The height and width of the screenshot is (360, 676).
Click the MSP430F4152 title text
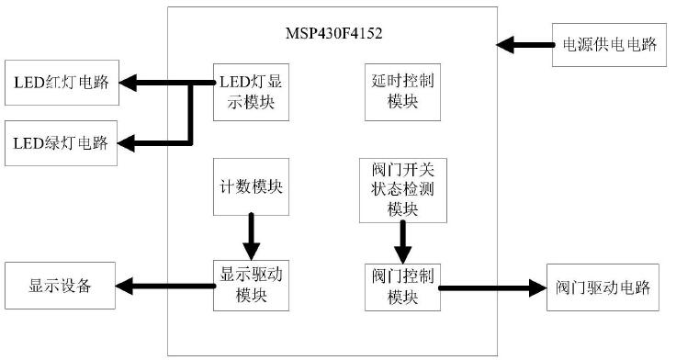pos(333,34)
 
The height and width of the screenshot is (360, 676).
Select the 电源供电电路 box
pos(608,44)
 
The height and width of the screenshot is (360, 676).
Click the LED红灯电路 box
pos(62,84)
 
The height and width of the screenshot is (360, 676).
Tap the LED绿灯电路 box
pos(62,143)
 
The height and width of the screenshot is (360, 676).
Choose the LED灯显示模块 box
pos(251,91)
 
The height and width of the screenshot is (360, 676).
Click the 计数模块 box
pos(251,186)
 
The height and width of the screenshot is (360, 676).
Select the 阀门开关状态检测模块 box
pos(402,189)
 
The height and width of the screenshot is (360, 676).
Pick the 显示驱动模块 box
pos(251,285)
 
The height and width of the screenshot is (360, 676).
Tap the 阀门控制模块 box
pos(402,285)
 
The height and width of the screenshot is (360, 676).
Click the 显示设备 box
pos(62,286)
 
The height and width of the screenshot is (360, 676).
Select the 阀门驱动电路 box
pos(603,287)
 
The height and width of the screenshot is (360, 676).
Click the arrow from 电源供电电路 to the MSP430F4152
pos(524,44)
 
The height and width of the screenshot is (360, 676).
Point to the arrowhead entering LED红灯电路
pos(129,84)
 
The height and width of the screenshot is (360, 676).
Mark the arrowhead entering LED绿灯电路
pos(129,143)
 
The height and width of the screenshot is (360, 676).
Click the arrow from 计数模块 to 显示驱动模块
pos(251,237)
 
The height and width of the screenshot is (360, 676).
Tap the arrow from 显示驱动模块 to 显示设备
pos(165,286)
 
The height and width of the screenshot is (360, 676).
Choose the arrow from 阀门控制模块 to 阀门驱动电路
pos(491,287)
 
